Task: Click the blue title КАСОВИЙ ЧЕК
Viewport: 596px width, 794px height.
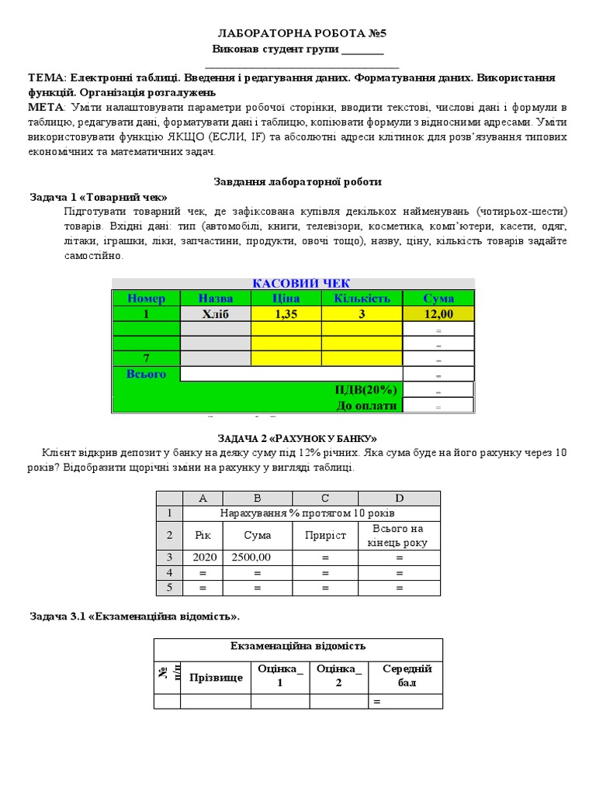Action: tap(301, 283)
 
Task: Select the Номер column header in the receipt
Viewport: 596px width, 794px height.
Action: tap(146, 299)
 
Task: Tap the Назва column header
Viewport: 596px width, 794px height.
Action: tap(215, 299)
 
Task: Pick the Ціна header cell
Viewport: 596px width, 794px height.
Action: tap(286, 299)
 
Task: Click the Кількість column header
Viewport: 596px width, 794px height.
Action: tap(362, 299)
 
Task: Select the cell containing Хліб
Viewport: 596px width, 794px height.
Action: tap(215, 314)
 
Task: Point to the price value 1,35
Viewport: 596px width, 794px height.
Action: tap(286, 314)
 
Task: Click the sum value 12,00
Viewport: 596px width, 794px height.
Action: tap(438, 314)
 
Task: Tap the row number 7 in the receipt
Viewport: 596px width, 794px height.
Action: tap(146, 358)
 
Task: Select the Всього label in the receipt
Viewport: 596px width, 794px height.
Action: tap(146, 374)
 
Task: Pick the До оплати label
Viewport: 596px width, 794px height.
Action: tap(366, 405)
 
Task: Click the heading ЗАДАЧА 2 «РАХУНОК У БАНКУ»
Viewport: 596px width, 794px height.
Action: tap(298, 438)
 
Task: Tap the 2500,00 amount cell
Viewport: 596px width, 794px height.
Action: tap(257, 557)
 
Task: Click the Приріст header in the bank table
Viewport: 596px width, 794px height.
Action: tap(325, 535)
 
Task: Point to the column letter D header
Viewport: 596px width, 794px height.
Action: tap(399, 498)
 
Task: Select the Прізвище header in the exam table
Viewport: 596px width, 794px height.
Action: tap(215, 677)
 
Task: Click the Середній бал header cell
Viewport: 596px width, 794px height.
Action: tap(407, 675)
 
